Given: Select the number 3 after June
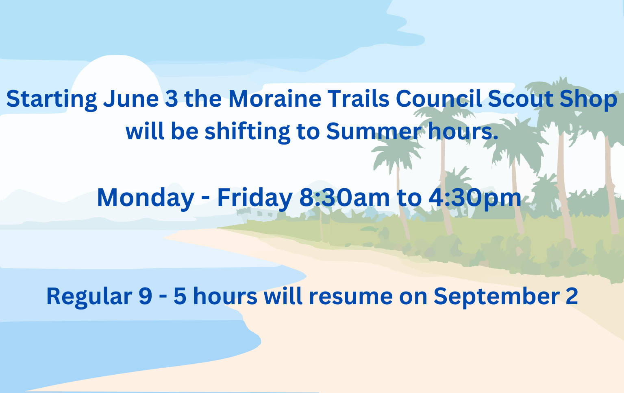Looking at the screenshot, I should [172, 99].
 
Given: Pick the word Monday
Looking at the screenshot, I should [146, 198].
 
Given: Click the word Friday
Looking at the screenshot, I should [254, 198].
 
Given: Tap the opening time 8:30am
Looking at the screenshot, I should [345, 198].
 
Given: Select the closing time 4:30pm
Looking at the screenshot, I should [474, 198].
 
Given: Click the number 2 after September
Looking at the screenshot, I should [572, 296].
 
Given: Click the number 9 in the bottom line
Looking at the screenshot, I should [145, 296].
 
